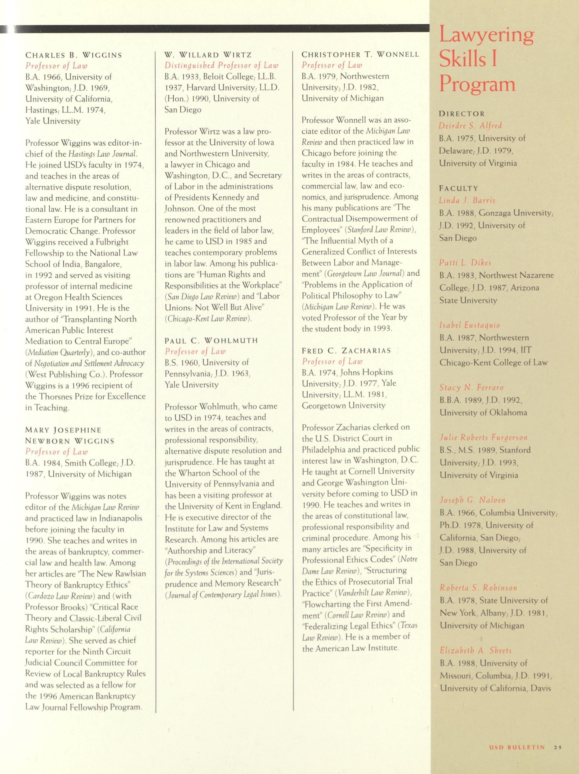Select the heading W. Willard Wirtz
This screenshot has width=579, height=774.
208,55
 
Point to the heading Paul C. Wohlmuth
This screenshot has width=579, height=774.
211,340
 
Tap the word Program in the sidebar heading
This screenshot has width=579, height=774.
477,84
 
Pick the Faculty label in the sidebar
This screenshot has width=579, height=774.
458,188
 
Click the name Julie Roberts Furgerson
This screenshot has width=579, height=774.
483,437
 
